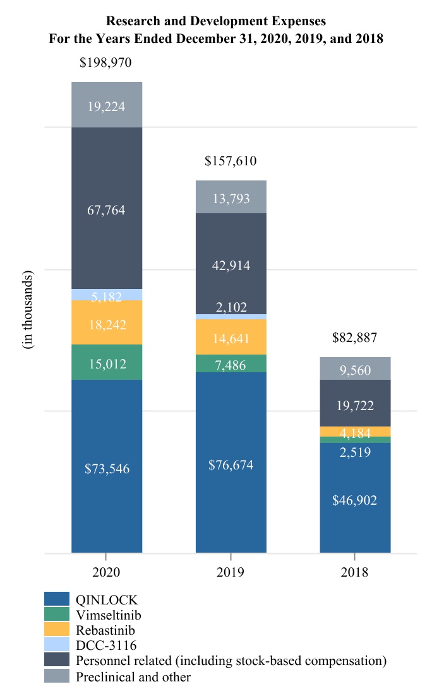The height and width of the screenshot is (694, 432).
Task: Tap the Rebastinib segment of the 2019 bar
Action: coord(231,337)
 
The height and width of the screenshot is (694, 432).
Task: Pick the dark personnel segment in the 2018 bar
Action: coord(355,403)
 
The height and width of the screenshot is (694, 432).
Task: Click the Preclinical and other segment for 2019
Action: coord(231,197)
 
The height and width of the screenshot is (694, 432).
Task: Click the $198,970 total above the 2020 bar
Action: coord(106,63)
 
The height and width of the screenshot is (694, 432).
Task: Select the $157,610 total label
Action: coord(231,162)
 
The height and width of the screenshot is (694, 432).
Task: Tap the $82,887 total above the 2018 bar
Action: coord(354,338)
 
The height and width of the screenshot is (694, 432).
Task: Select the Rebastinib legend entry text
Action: coord(105,630)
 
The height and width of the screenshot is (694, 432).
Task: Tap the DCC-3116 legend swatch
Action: coord(56,645)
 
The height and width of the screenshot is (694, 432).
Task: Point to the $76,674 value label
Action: coord(231,465)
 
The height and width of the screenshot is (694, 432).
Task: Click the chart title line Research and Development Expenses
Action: coord(216,23)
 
